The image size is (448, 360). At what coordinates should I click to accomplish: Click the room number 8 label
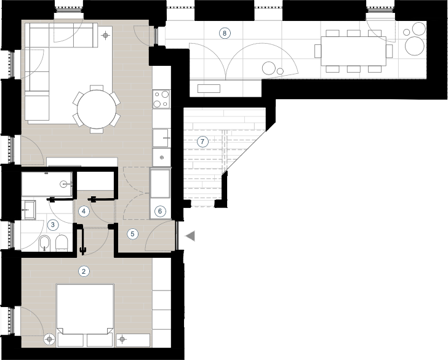(x=225, y=33)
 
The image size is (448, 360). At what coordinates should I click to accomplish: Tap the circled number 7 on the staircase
(x=202, y=142)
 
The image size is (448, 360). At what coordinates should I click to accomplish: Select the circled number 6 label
(x=160, y=211)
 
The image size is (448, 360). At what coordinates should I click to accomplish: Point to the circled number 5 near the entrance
(x=132, y=234)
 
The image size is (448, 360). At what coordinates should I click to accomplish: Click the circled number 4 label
(x=84, y=211)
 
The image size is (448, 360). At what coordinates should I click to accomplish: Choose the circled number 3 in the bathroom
(x=52, y=225)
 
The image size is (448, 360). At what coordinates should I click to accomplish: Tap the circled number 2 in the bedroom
(x=84, y=271)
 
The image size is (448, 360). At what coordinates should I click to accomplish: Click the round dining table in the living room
(x=97, y=109)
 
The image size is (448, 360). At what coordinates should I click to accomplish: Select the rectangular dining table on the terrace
(x=353, y=51)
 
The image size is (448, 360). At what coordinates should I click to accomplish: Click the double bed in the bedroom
(x=85, y=309)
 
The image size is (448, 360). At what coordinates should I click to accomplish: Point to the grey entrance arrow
(x=190, y=236)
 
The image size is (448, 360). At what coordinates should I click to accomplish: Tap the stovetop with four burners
(x=161, y=99)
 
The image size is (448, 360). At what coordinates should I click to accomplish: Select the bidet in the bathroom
(x=44, y=244)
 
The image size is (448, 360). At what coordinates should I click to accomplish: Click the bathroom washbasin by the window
(x=29, y=210)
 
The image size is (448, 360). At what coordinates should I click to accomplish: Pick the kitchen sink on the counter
(x=161, y=138)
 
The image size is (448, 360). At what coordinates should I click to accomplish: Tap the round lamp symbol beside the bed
(x=50, y=339)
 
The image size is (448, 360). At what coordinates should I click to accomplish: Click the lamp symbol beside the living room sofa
(x=106, y=36)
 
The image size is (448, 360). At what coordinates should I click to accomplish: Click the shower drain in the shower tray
(x=64, y=184)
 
